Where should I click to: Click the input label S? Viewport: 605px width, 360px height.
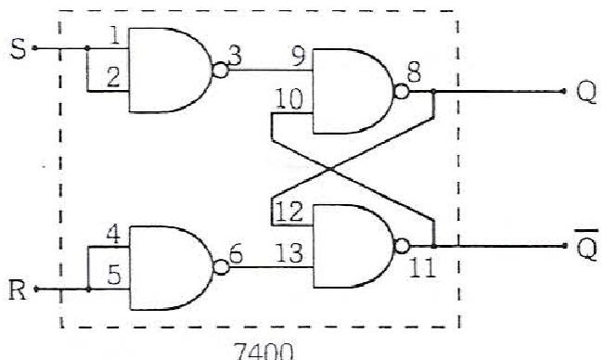19,49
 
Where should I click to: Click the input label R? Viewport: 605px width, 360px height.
18,290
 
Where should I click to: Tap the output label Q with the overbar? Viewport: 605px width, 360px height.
586,245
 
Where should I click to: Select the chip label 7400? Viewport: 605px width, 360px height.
264,351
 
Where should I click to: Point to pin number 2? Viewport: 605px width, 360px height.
113,77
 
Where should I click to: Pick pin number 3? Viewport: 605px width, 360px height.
235,56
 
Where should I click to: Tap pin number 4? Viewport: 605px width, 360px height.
113,235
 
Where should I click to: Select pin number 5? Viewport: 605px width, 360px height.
114,276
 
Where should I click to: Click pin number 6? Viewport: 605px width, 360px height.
236,254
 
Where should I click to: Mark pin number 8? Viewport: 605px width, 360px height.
414,73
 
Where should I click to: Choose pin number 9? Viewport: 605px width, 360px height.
298,58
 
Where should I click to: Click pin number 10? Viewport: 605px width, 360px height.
290,98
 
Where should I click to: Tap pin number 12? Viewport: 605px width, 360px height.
290,212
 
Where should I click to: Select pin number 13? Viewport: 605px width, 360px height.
290,254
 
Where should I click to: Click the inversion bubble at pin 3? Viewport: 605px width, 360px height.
221,71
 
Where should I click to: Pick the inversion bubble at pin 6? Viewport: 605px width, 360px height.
221,267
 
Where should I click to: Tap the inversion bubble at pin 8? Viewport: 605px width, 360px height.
402,92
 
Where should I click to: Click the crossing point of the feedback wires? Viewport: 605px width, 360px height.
331,169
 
